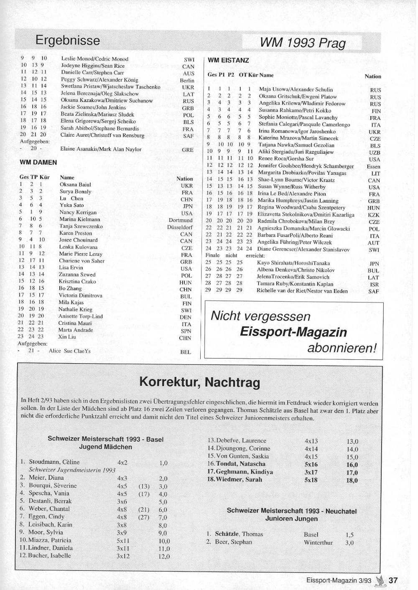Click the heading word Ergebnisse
pos(68,41)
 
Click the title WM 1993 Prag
pos(303,43)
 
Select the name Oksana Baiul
pos(75,185)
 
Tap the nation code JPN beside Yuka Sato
pos(187,206)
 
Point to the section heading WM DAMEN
pos(38,162)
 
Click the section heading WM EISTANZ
pos(228,61)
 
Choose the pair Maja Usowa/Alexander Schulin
pos(296,89)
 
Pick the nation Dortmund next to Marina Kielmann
pos(181,220)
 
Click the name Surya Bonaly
pos(75,192)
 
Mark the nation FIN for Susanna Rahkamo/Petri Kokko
pos(376,111)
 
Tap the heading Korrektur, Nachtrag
pos(199,382)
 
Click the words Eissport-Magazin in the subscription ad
pos(293,332)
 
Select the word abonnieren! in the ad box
pos(342,348)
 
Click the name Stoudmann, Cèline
pos(54,462)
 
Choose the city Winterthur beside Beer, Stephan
pos(318,542)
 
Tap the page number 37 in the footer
pos(393,580)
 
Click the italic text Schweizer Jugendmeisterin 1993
pos(72,470)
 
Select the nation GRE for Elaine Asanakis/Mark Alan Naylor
pos(188,150)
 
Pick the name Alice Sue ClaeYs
pos(69,351)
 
